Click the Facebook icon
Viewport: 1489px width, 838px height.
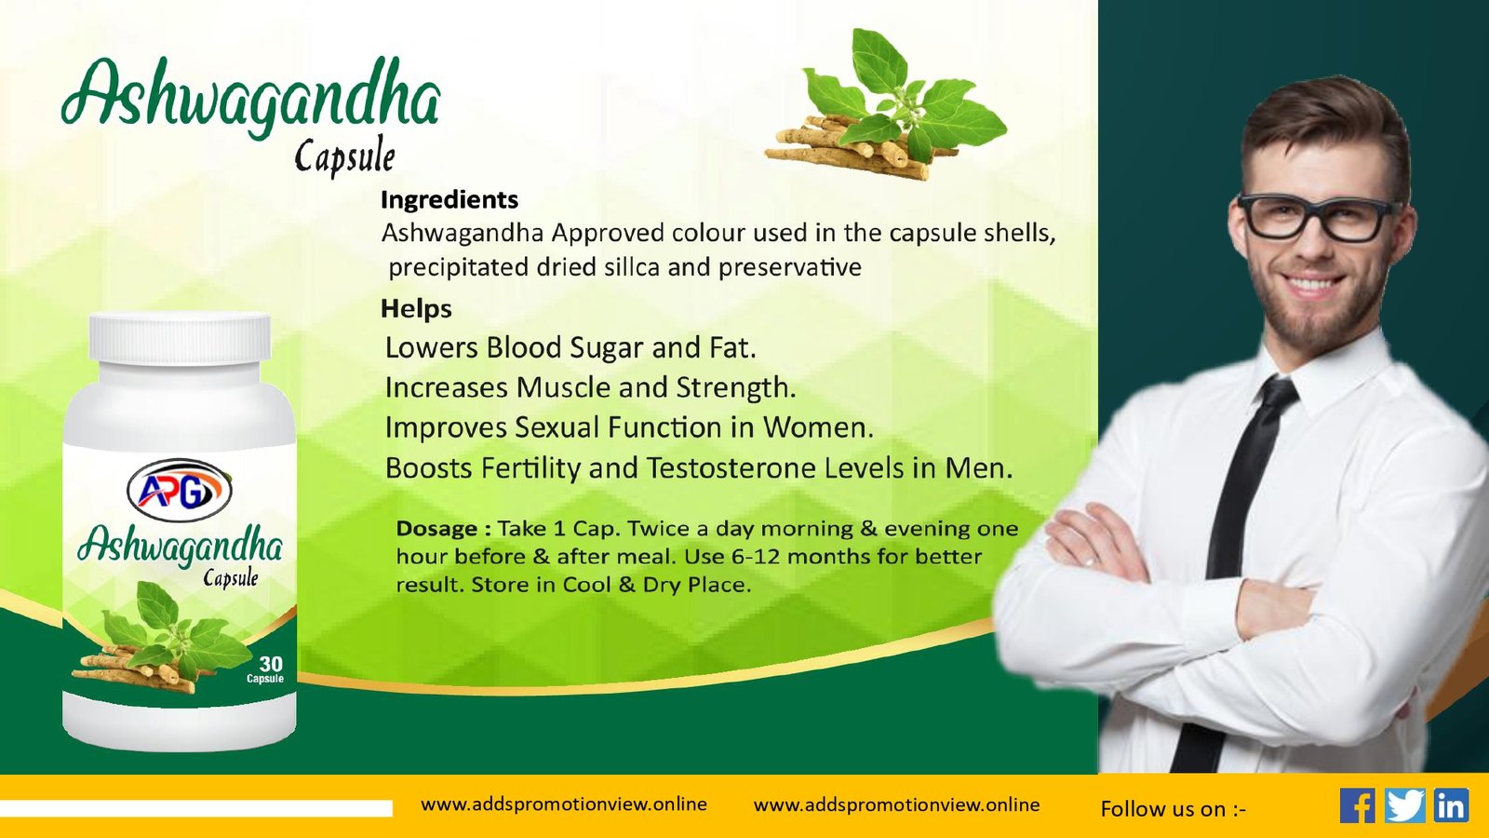coord(1358,805)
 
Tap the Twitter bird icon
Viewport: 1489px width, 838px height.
coord(1404,805)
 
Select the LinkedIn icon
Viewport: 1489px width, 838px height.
coord(1451,805)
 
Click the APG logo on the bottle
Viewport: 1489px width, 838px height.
coord(179,490)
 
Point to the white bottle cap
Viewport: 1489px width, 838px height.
coord(180,337)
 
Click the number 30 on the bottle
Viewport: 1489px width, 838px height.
coord(271,664)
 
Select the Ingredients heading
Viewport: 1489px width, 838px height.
coord(449,199)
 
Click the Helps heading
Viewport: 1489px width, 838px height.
coord(416,308)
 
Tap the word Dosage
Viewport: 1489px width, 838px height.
coord(436,529)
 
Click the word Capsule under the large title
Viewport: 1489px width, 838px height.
coord(344,157)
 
